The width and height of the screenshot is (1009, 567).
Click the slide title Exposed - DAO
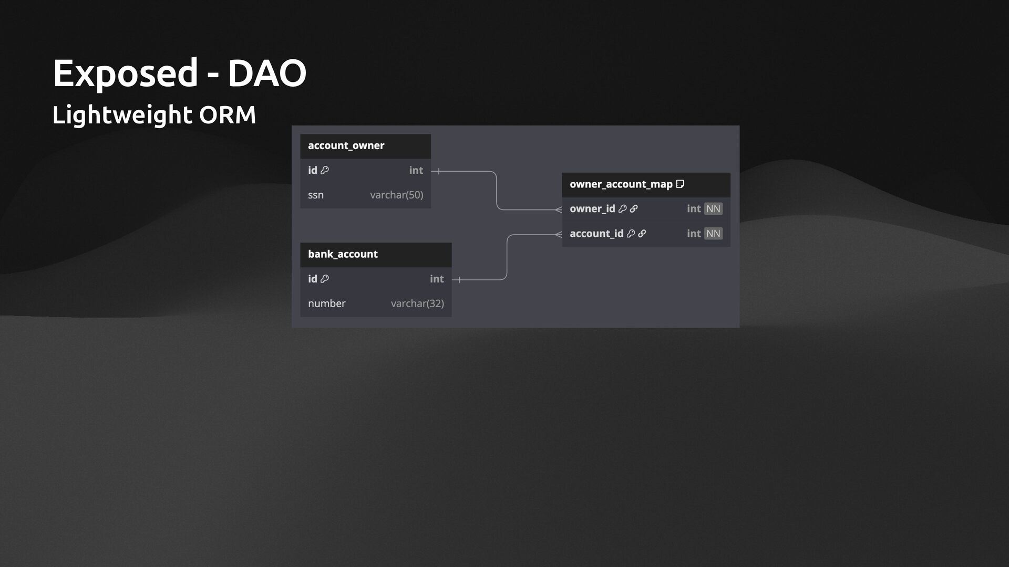[179, 73]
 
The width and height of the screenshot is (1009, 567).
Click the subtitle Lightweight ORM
[154, 114]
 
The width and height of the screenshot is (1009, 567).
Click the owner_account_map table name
[621, 184]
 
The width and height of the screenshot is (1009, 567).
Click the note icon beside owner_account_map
[680, 184]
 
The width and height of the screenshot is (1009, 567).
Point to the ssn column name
[316, 195]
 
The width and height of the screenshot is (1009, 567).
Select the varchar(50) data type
[396, 195]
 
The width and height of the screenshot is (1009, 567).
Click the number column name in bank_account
[326, 303]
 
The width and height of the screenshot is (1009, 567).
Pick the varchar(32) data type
[417, 303]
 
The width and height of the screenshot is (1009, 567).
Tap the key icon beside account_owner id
[325, 170]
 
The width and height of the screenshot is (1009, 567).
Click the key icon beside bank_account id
[325, 279]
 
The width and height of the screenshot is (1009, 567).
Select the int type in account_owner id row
[416, 170]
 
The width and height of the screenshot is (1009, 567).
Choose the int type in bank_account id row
[437, 279]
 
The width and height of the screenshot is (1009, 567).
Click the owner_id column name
[592, 209]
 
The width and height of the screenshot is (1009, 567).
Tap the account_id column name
[596, 234]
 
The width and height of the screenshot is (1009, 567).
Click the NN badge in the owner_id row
[713, 209]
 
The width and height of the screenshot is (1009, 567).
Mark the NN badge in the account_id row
[713, 234]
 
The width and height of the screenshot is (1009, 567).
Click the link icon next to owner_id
[634, 209]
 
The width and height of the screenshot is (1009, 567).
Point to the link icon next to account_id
[642, 234]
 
